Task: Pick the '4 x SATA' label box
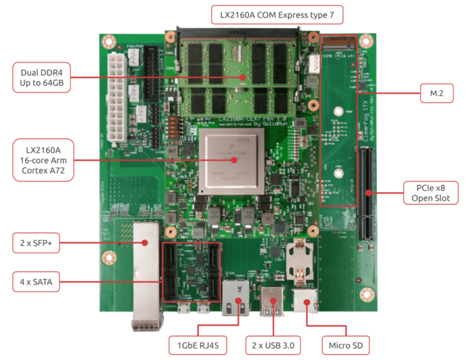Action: [36, 281]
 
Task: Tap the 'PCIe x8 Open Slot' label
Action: [431, 193]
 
